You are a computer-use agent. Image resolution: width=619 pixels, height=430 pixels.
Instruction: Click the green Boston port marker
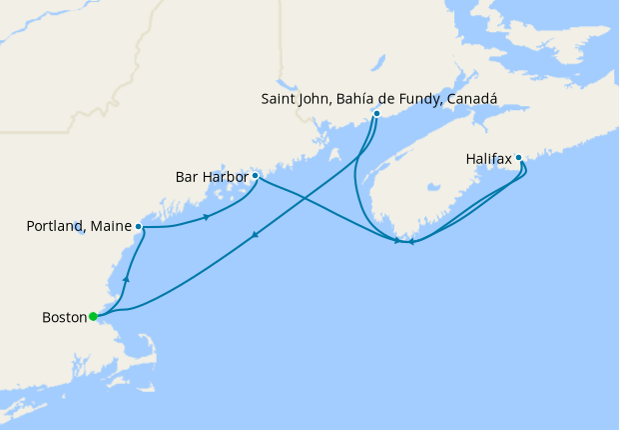click(93, 317)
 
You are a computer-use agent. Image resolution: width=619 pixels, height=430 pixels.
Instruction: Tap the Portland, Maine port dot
click(138, 227)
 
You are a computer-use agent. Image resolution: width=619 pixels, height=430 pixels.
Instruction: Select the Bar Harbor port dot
click(255, 176)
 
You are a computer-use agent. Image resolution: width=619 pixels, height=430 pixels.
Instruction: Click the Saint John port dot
click(376, 114)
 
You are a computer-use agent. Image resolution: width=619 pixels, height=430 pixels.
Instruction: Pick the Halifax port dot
click(519, 157)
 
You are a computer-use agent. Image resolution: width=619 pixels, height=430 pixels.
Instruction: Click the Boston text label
click(64, 317)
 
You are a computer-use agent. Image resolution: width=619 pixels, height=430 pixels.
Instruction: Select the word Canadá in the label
click(471, 98)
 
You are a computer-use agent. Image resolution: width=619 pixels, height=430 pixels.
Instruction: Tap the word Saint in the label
click(280, 98)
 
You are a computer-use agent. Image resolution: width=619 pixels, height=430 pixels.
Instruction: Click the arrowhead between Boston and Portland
click(126, 280)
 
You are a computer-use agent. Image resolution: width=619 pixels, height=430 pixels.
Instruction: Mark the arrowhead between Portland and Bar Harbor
click(206, 217)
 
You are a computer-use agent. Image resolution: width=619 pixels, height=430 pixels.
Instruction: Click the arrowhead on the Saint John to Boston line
click(256, 236)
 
